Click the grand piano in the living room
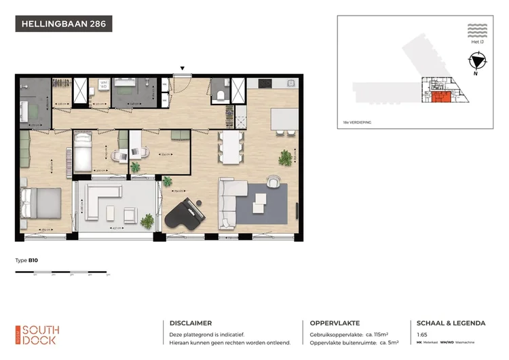pyautogui.click(x=185, y=217)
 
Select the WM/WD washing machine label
pyautogui.click(x=105, y=85)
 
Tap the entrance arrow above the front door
pyautogui.click(x=181, y=68)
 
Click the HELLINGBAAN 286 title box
pyautogui.click(x=63, y=24)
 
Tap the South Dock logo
pyautogui.click(x=38, y=334)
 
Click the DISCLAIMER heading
pyautogui.click(x=190, y=323)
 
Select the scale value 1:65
pyautogui.click(x=421, y=335)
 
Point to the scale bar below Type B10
pyautogui.click(x=62, y=273)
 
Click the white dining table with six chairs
pyautogui.click(x=230, y=147)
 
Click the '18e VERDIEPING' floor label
pyautogui.click(x=358, y=122)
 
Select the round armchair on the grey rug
pyautogui.click(x=274, y=181)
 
